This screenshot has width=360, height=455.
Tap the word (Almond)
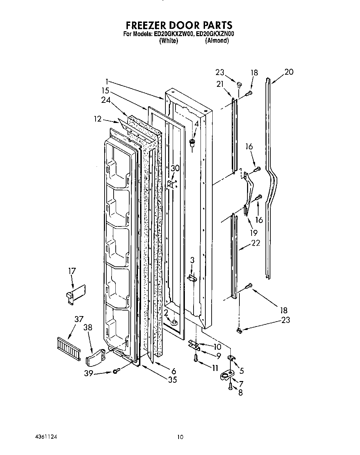click(217, 41)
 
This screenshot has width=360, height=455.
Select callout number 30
click(175, 168)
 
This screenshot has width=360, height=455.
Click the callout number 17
click(72, 271)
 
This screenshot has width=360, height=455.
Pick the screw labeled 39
click(116, 371)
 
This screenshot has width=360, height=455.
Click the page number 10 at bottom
click(180, 437)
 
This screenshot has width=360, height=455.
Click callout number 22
click(255, 243)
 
